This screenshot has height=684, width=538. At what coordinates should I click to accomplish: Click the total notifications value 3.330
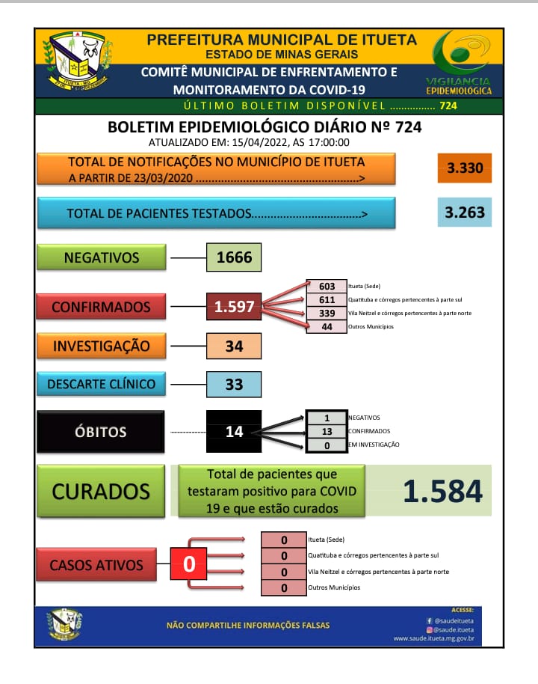pos(464,168)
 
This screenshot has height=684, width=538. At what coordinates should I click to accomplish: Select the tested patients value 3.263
pos(464,212)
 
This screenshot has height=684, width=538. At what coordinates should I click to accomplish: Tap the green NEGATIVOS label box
pos(102,257)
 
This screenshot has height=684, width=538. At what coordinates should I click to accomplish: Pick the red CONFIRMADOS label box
pos(101,307)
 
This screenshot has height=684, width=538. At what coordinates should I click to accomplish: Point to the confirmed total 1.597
pos(234,307)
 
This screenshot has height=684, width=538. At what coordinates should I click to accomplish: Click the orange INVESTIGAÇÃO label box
pos(101,346)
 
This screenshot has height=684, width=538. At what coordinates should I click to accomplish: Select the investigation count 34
pos(234,346)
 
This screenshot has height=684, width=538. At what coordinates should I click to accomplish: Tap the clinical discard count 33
pos(234,384)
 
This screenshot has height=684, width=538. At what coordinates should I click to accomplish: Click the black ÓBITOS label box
pos(101,432)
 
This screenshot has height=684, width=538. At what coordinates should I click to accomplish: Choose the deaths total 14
pos(234,432)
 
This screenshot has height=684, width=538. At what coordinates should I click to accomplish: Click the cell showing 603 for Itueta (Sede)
pos(327,286)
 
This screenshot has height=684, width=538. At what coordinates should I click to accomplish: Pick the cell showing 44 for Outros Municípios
pos(327,327)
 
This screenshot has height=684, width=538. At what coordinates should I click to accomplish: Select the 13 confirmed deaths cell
pos(327,431)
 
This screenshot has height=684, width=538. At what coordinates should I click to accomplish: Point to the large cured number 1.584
pos(442,491)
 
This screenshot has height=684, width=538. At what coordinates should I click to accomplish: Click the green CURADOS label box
pos(101,492)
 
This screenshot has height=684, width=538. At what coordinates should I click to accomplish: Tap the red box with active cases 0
pos(189,564)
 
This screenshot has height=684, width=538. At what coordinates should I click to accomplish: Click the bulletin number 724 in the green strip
pos(448,106)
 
